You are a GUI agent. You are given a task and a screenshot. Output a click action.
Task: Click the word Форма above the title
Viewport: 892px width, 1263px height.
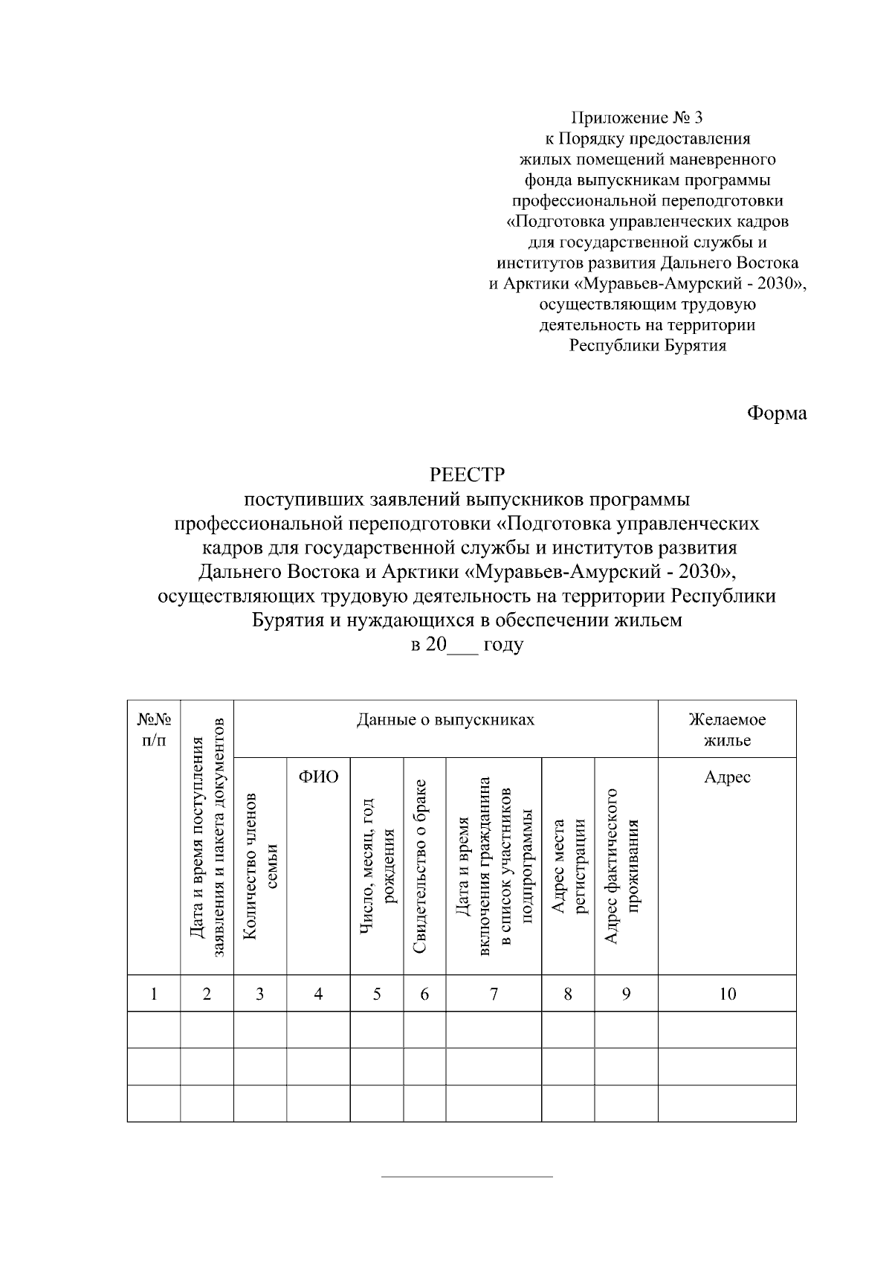click(776, 414)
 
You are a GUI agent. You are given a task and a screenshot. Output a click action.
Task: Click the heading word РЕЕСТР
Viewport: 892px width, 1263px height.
click(468, 474)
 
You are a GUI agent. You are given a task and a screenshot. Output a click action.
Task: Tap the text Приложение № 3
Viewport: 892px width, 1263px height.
click(636, 118)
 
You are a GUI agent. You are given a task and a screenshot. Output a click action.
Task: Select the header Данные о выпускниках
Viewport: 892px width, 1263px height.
click(445, 720)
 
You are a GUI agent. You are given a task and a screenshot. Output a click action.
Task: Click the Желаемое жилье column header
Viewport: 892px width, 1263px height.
click(727, 730)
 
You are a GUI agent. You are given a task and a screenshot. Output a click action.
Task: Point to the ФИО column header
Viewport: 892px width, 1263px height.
click(318, 778)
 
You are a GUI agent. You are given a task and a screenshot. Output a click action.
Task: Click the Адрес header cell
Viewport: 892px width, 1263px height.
click(727, 778)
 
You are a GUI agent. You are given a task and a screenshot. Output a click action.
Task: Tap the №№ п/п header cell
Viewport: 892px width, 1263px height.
click(154, 730)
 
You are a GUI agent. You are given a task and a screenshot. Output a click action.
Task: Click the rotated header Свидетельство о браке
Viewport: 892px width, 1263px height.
click(424, 867)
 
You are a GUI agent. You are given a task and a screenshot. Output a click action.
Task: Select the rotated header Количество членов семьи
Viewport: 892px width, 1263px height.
click(260, 867)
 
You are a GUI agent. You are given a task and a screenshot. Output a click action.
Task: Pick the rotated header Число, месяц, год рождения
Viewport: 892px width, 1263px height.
click(377, 867)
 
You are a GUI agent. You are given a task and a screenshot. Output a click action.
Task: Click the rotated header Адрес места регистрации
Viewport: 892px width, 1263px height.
click(569, 867)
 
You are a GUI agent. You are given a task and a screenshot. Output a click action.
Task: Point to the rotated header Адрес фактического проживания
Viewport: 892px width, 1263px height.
click(626, 867)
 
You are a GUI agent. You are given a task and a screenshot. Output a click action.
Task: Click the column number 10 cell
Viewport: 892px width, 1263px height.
click(727, 994)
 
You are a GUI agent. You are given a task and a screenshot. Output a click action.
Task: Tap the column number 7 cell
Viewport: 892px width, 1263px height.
click(494, 994)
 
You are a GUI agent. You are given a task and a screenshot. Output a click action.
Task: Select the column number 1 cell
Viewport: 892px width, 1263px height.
click(154, 994)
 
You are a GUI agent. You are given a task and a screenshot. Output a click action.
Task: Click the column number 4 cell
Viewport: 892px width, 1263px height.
click(318, 994)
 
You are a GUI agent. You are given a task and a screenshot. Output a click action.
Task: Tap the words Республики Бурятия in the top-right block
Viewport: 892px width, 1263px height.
click(647, 346)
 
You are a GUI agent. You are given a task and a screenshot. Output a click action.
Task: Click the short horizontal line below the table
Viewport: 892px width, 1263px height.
click(467, 1177)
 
